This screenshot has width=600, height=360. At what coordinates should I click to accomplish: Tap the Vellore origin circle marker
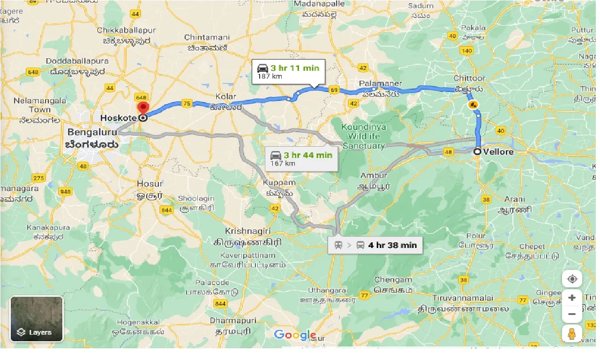tap(477, 151)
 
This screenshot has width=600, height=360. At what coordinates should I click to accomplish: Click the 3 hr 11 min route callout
tap(288, 71)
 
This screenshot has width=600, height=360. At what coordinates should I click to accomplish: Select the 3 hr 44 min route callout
tap(301, 158)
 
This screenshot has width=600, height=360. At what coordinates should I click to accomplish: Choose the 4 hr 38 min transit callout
tap(375, 245)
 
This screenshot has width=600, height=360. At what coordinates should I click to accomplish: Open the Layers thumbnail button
tap(37, 319)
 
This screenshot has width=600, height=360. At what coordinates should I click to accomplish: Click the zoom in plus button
tap(572, 298)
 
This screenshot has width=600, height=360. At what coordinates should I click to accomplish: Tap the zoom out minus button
tap(572, 314)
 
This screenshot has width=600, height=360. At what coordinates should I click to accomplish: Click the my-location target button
tap(572, 279)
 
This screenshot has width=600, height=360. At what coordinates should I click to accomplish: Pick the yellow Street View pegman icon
tap(572, 334)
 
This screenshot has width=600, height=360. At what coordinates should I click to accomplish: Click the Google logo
tap(295, 335)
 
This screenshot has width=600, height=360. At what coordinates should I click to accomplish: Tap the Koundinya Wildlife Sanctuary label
tap(364, 136)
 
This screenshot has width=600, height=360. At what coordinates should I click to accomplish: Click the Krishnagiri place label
tap(248, 231)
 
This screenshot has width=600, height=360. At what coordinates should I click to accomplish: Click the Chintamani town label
tap(206, 37)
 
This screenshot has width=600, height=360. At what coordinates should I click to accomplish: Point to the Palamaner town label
tap(381, 83)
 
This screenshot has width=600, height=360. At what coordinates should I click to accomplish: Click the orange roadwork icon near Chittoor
tap(473, 105)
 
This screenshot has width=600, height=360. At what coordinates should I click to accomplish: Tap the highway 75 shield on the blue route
tap(187, 104)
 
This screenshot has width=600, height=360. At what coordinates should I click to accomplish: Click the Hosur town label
tap(150, 183)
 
